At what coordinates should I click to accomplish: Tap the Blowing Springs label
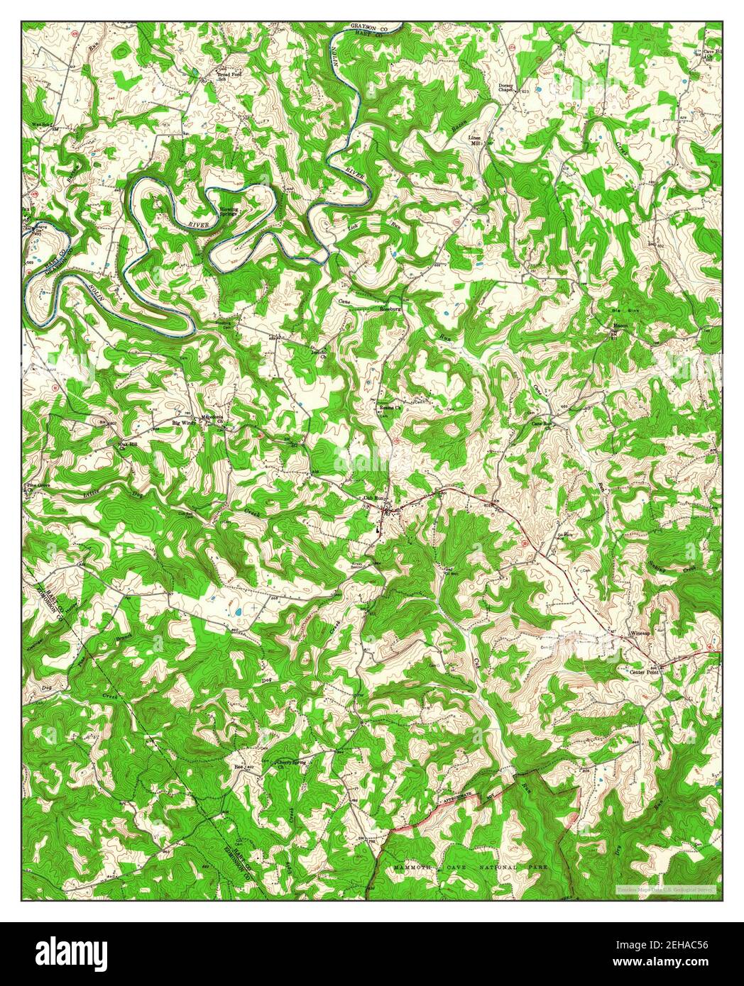coord(229,211)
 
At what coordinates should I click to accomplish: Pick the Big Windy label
coord(185,423)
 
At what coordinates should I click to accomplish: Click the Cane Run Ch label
coord(542,424)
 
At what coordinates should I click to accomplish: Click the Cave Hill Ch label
coord(711,53)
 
